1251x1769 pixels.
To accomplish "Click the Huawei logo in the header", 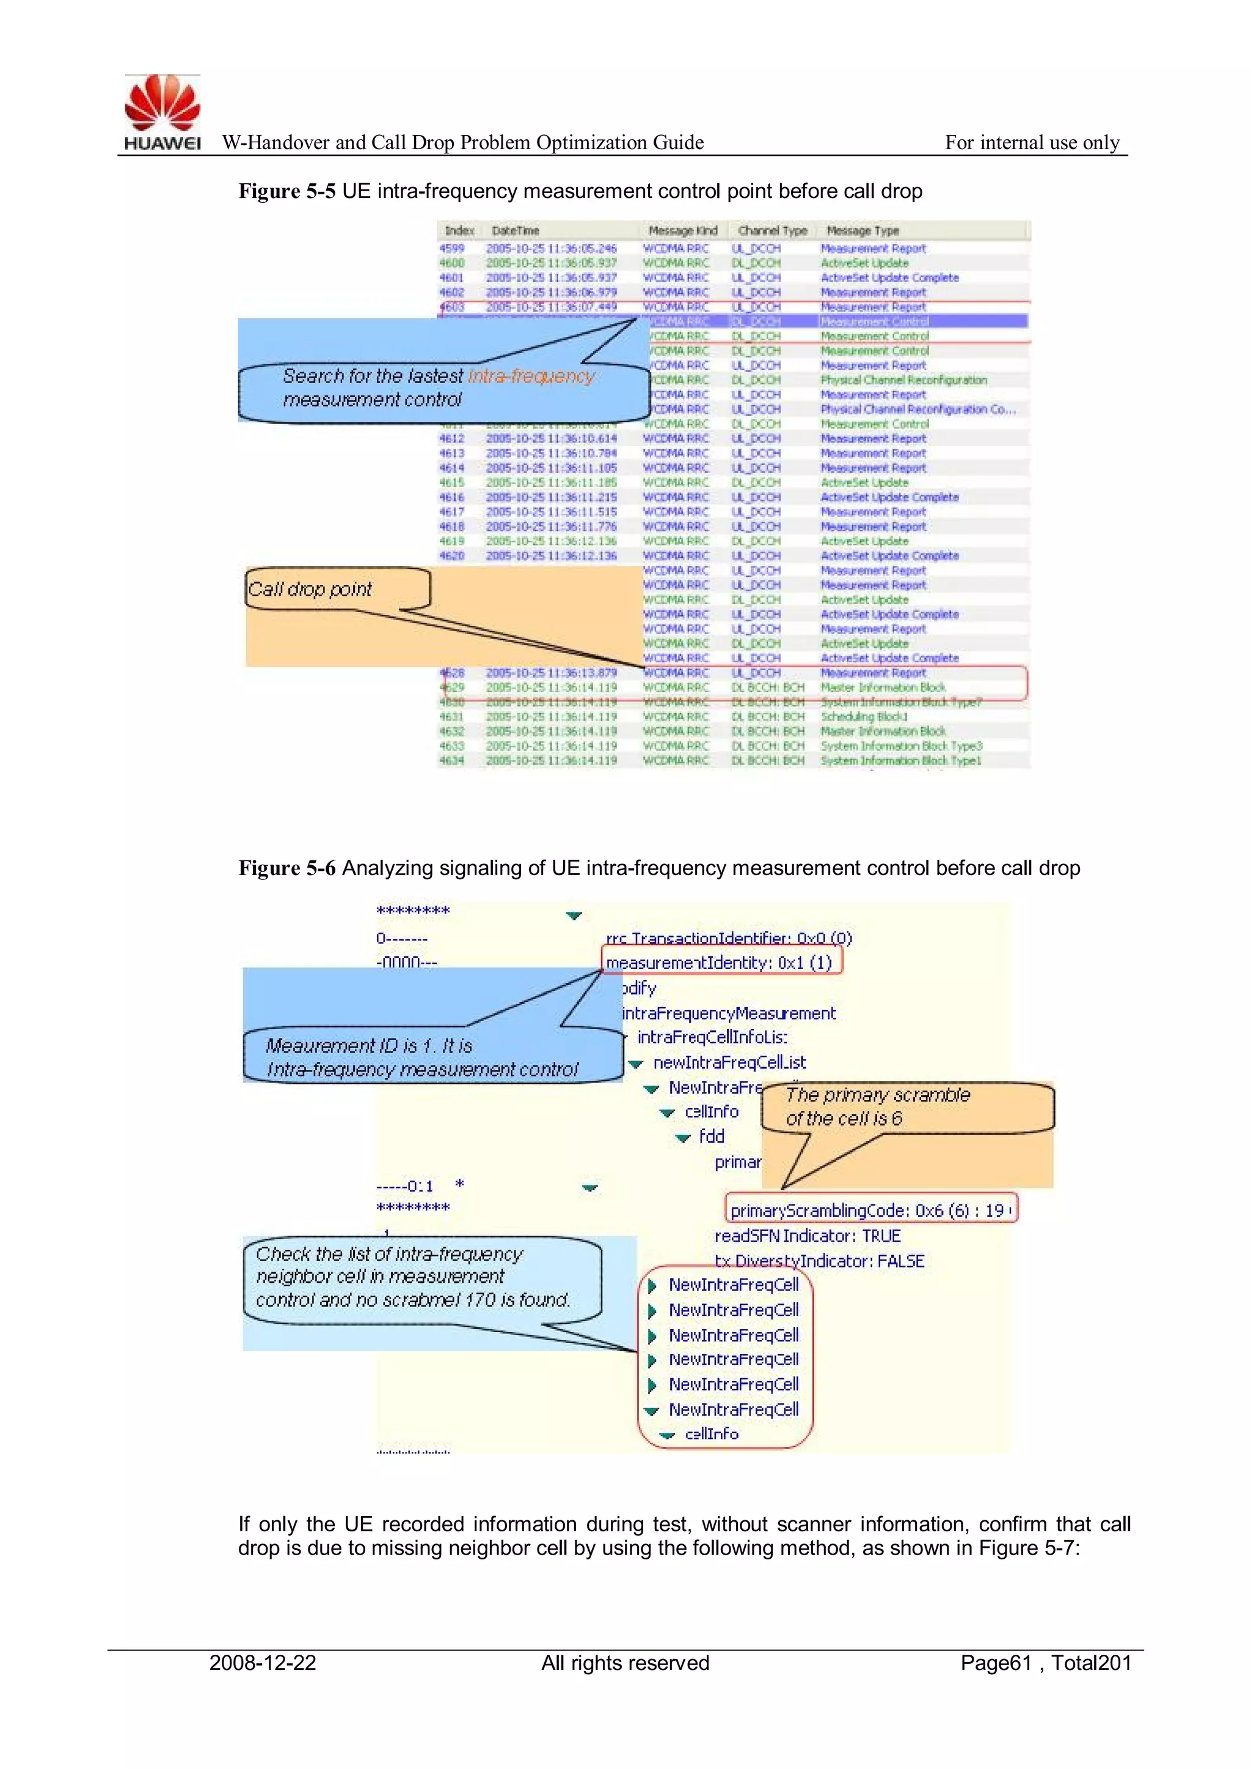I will click(x=162, y=112).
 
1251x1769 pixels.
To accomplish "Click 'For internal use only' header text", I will click(x=1032, y=142).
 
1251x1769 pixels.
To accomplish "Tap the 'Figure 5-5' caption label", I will click(x=286, y=191).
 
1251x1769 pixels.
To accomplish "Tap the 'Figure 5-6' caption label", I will click(x=286, y=868).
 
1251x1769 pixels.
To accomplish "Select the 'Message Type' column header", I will click(x=862, y=230).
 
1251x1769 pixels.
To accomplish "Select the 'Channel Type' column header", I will click(x=772, y=230).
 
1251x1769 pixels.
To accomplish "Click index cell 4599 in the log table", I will click(x=452, y=248).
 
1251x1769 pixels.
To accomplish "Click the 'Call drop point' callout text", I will click(x=310, y=590).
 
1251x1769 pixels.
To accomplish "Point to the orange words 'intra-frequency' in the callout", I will click(x=531, y=376).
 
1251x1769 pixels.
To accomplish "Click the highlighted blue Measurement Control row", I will click(x=874, y=321).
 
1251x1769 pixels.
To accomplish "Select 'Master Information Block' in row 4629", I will click(x=882, y=687).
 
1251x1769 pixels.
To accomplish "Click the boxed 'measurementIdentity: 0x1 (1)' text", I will click(x=719, y=963).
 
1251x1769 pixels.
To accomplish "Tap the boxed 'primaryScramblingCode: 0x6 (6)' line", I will click(x=870, y=1210).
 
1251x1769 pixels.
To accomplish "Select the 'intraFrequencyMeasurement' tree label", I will click(x=728, y=1013).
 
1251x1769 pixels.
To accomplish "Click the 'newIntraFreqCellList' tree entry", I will click(x=729, y=1063).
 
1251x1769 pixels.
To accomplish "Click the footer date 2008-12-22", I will click(x=263, y=1663).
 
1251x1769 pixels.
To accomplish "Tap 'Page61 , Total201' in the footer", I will click(x=1045, y=1663).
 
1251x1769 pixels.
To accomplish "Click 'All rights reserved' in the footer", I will click(x=625, y=1663).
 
